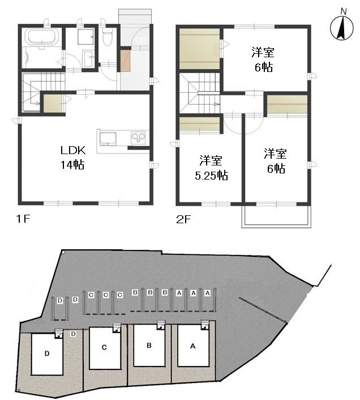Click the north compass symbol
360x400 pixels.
point(342,28)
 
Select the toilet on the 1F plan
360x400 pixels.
point(107,36)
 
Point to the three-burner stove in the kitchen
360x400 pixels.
point(138,138)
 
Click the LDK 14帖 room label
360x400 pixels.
point(72,158)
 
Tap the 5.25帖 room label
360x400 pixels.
point(211,168)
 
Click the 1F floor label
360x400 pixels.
point(23,219)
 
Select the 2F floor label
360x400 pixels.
point(183,219)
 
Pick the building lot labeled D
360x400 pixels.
point(47,354)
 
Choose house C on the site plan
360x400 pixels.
point(105,348)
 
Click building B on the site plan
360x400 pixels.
point(149,346)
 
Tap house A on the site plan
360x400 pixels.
point(193,346)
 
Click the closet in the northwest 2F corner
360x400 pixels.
point(199,49)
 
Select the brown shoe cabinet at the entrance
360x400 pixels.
point(125,61)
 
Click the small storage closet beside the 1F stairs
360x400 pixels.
point(53,103)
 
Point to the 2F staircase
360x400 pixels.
point(199,93)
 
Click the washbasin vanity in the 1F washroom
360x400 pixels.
point(88,59)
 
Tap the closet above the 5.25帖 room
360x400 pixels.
point(199,125)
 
